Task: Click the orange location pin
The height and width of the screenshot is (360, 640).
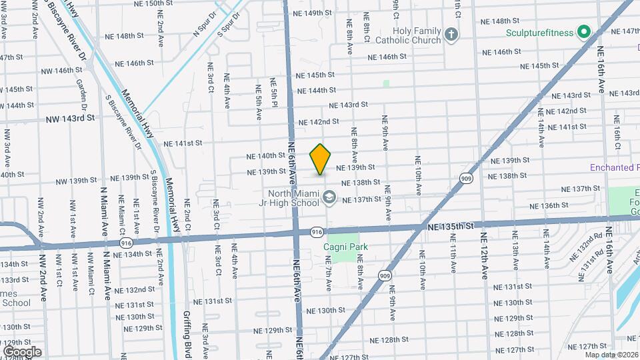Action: tap(321, 159)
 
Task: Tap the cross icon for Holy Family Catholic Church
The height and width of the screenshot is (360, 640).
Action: tap(451, 35)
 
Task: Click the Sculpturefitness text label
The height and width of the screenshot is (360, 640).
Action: tap(539, 31)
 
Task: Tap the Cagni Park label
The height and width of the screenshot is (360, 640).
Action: tap(346, 247)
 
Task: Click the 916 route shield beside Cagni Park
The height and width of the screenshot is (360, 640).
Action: tap(317, 231)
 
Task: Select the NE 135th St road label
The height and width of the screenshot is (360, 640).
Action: tap(450, 227)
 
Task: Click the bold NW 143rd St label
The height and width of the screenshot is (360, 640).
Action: tap(70, 117)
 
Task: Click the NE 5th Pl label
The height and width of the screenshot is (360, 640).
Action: tap(273, 93)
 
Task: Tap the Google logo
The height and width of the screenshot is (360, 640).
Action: tap(22, 351)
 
